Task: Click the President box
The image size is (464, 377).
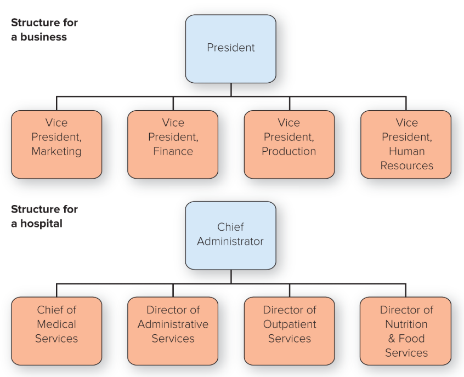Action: pyautogui.click(x=230, y=49)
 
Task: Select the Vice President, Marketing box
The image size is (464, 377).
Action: pyautogui.click(x=56, y=144)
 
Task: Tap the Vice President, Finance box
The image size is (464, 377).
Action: pyautogui.click(x=173, y=144)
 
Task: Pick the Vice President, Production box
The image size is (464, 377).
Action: pyautogui.click(x=289, y=144)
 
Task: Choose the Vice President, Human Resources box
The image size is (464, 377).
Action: pyautogui.click(x=406, y=144)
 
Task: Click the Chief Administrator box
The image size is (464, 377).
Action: pyautogui.click(x=230, y=235)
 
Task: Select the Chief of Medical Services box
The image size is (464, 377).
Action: pyautogui.click(x=56, y=331)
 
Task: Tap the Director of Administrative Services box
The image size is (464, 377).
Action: pyautogui.click(x=173, y=331)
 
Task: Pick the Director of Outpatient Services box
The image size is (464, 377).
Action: pyautogui.click(x=289, y=331)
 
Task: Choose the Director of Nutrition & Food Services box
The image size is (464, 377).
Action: pyautogui.click(x=406, y=331)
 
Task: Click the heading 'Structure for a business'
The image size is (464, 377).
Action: pyautogui.click(x=44, y=30)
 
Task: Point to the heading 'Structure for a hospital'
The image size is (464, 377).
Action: pyautogui.click(x=44, y=216)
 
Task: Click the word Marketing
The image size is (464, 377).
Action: pyautogui.click(x=56, y=151)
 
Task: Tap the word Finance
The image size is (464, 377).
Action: pyautogui.click(x=173, y=151)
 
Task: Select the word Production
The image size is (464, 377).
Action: pyautogui.click(x=289, y=151)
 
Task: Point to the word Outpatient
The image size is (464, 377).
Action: pyautogui.click(x=290, y=324)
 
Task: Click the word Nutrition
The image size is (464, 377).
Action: pyautogui.click(x=406, y=324)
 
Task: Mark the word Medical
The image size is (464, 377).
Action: pyautogui.click(x=56, y=324)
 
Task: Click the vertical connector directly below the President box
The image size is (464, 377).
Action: pyautogui.click(x=231, y=90)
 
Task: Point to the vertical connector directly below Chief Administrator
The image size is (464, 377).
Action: pyautogui.click(x=231, y=276)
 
